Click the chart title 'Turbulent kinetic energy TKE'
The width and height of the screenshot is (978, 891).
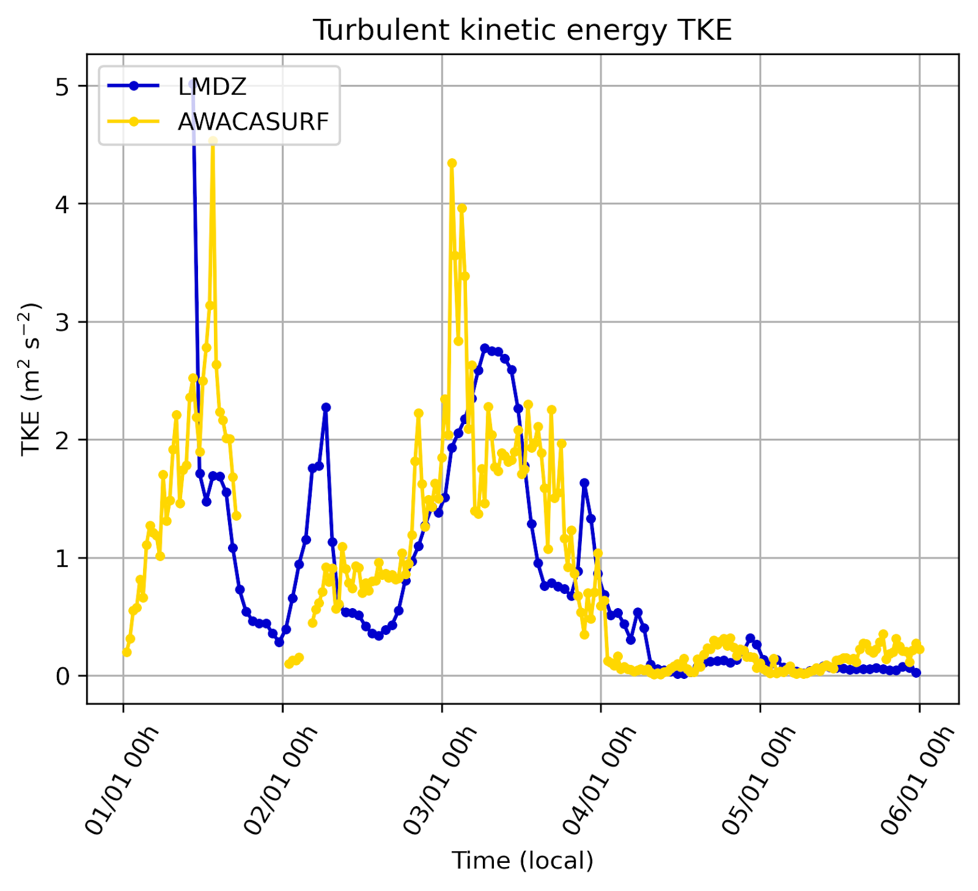[x=522, y=30]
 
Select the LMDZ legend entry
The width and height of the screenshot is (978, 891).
[x=212, y=87]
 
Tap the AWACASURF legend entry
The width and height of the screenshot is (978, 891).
[x=253, y=122]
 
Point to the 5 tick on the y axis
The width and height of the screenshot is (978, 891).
[x=62, y=87]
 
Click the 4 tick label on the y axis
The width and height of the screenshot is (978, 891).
[x=62, y=204]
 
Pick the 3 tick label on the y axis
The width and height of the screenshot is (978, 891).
[x=62, y=322]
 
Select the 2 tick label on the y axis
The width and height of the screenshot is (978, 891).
[x=62, y=440]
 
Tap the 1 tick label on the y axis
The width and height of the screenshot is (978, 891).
[x=62, y=558]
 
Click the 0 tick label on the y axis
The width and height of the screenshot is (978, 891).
[x=62, y=676]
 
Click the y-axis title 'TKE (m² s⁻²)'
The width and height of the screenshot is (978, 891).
[x=31, y=379]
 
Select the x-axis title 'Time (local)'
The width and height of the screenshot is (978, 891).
[x=522, y=860]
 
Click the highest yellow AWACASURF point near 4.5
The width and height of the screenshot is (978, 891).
[x=213, y=141]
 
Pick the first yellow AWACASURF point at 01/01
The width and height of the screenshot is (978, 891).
[x=127, y=652]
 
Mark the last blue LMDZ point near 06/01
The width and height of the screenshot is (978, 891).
[x=916, y=673]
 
